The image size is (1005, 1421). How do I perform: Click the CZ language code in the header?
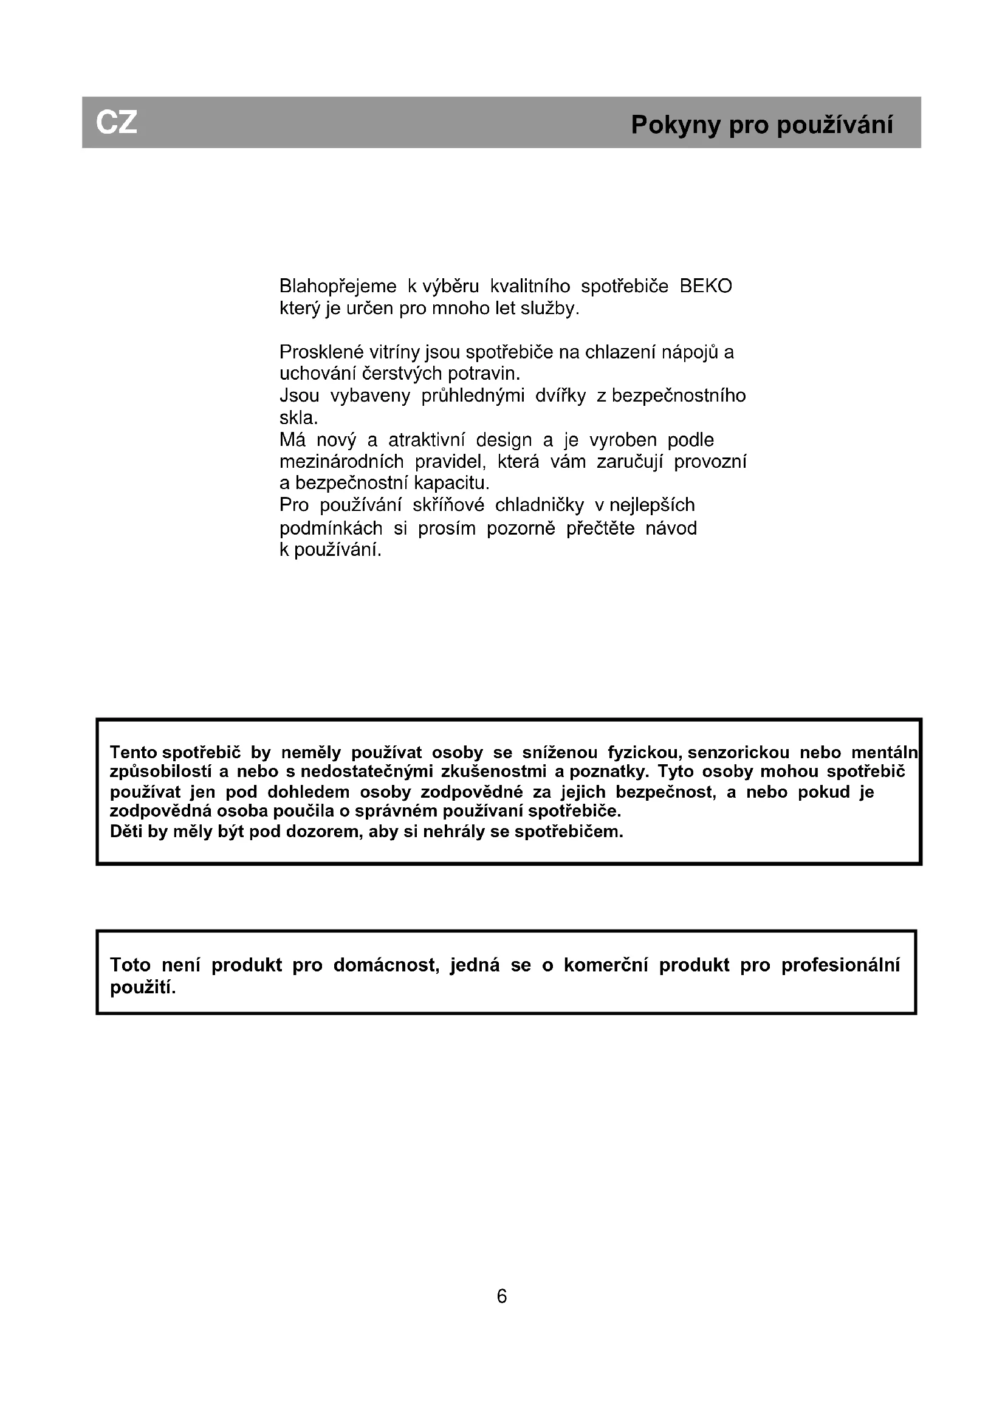116,123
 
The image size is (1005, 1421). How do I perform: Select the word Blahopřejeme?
338,287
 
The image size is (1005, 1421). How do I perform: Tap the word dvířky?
560,395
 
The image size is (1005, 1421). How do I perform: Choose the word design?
504,440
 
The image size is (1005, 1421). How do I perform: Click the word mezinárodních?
341,462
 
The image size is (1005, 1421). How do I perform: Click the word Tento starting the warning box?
133,753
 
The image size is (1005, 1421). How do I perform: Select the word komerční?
605,965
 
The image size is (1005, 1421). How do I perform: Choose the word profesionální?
840,965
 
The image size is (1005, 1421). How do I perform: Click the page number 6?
502,1296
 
